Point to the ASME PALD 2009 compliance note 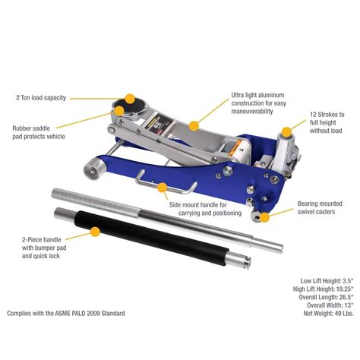(66, 313)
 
